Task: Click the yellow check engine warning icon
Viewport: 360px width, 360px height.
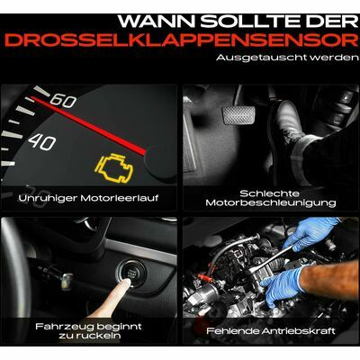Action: [114, 168]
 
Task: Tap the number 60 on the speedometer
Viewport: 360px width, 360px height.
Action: [63, 101]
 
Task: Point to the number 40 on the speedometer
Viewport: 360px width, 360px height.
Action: [42, 142]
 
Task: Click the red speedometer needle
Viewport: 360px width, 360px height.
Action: [88, 126]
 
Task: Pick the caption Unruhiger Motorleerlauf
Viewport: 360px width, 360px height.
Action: [88, 198]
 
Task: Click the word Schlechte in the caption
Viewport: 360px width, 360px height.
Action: [269, 193]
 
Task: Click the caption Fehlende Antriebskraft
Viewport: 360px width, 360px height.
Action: [271, 331]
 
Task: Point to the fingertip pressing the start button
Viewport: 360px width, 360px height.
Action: [126, 282]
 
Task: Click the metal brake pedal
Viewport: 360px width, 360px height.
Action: [238, 114]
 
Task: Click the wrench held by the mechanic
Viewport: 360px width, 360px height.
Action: [272, 258]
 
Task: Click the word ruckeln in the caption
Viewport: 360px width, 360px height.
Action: [98, 335]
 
